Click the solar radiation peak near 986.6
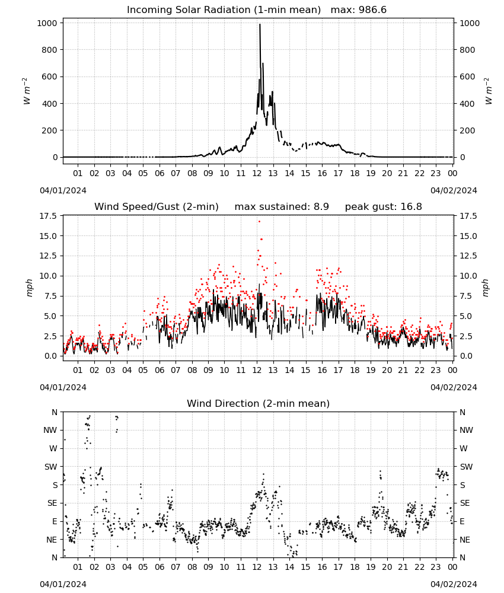click(x=260, y=24)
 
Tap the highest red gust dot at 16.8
click(x=259, y=222)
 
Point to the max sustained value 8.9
click(x=321, y=207)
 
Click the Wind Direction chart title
click(x=259, y=404)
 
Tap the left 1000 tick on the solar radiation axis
click(x=47, y=23)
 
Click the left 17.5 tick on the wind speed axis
click(x=47, y=216)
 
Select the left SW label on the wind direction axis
click(x=51, y=467)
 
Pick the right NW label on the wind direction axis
click(x=466, y=431)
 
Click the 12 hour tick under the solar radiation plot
click(x=257, y=174)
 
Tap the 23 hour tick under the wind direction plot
click(x=436, y=568)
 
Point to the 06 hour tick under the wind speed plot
click(x=160, y=370)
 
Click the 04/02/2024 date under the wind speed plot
click(x=454, y=388)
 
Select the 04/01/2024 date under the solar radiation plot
click(x=63, y=190)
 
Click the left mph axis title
click(x=30, y=288)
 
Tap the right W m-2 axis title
click(x=488, y=91)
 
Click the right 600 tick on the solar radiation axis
click(x=467, y=76)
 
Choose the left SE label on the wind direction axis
click(x=52, y=503)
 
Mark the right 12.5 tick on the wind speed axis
click(x=468, y=256)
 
